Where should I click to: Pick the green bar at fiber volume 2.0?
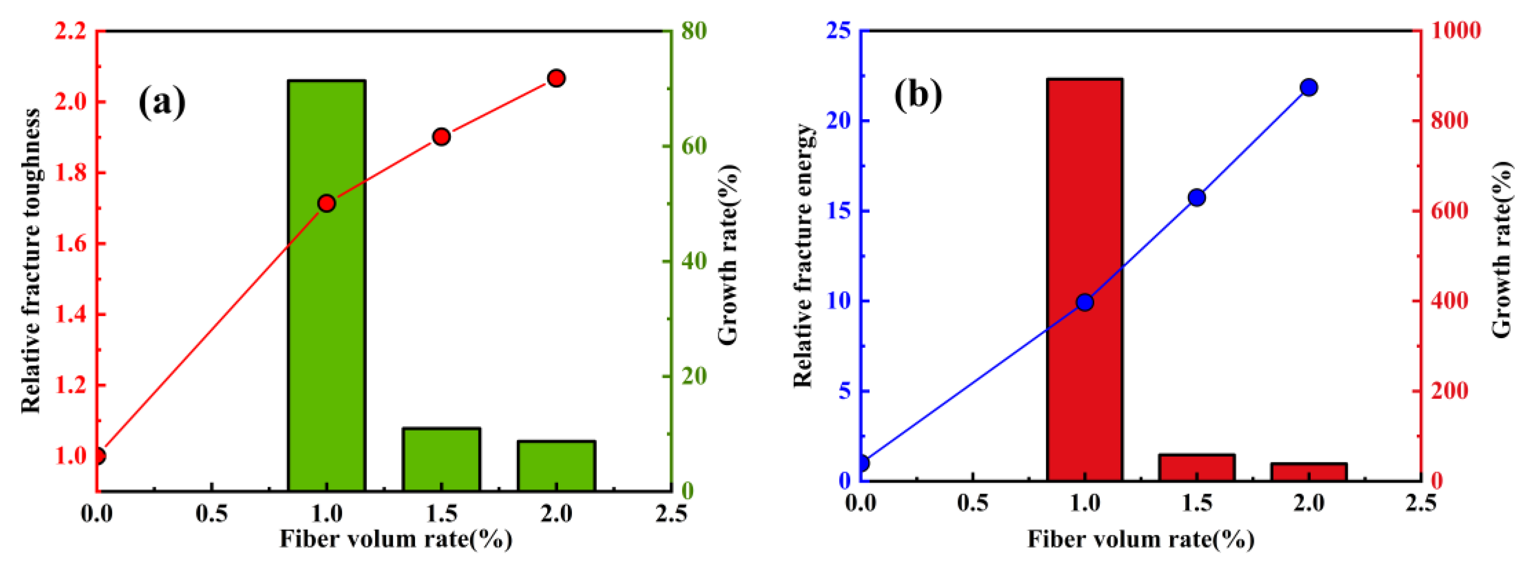pyautogui.click(x=556, y=466)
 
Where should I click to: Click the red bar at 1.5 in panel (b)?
pyautogui.click(x=1196, y=467)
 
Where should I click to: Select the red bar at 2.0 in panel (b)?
pyautogui.click(x=1308, y=471)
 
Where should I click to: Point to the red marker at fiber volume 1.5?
pyautogui.click(x=441, y=137)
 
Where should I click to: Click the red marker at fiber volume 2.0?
pyautogui.click(x=556, y=78)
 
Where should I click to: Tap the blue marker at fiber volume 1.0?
pyautogui.click(x=1085, y=302)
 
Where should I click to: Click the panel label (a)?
pyautogui.click(x=161, y=102)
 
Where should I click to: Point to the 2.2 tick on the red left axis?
pyautogui.click(x=71, y=31)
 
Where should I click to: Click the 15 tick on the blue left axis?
pyautogui.click(x=838, y=211)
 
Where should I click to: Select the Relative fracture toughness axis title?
pyautogui.click(x=31, y=261)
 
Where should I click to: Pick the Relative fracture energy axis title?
pyautogui.click(x=804, y=255)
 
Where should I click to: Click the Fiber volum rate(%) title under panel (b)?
pyautogui.click(x=1141, y=539)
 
